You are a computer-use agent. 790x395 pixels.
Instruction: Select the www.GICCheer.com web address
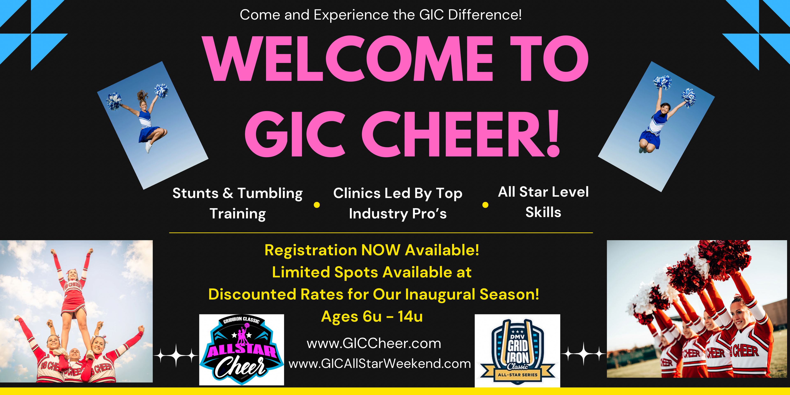pos(374,344)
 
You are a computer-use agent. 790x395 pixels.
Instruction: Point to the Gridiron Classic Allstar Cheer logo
pos(242,350)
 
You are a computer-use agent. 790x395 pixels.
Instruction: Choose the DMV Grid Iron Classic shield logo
pos(517,351)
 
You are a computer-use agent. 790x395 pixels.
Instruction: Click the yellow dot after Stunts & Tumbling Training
pos(317,205)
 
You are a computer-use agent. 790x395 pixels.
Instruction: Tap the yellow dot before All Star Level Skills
pos(485,205)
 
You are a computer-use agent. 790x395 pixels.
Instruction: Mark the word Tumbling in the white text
pos(270,194)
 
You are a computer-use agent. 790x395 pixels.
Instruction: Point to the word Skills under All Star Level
pos(543,212)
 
